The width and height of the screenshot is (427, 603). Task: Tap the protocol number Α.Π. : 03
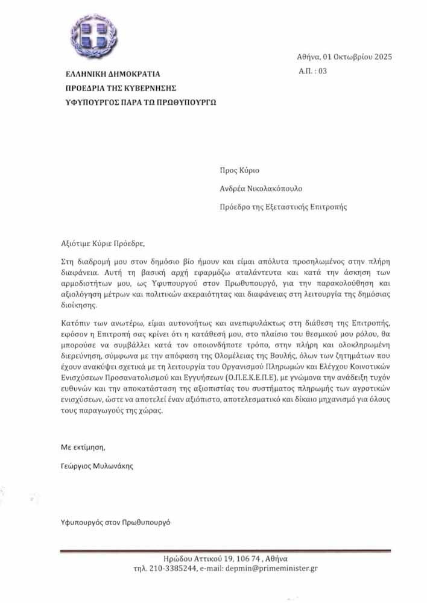coord(312,71)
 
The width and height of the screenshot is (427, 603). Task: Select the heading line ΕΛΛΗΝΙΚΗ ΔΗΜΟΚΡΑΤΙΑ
coord(113,75)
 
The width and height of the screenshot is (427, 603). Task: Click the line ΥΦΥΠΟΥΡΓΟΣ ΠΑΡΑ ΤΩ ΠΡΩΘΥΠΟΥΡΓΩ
coord(140,102)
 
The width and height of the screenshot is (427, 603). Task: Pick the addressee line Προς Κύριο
coord(240,171)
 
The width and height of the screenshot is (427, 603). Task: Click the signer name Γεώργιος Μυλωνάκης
coord(98,466)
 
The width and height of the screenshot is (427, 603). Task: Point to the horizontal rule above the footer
coord(226,551)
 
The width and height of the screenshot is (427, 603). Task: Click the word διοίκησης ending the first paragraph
coord(79,306)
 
